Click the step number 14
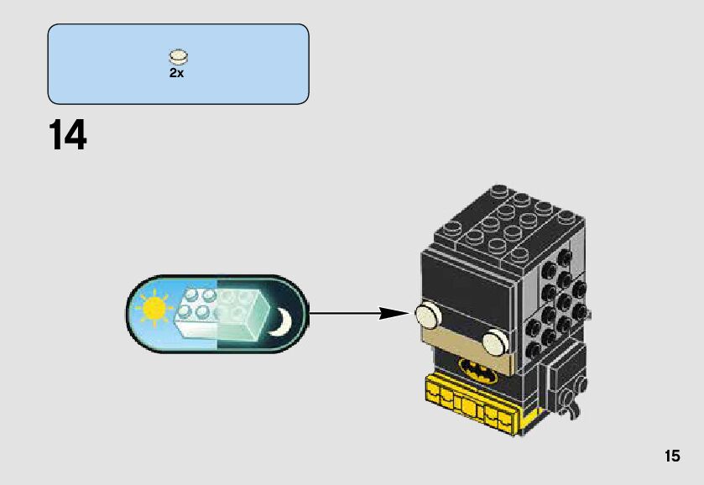(x=67, y=135)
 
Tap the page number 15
(x=671, y=456)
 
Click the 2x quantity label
(x=176, y=73)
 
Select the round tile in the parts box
(x=178, y=57)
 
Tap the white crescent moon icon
(x=280, y=321)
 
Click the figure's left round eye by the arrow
(x=426, y=316)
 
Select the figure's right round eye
(x=497, y=340)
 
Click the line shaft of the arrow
(x=344, y=314)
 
